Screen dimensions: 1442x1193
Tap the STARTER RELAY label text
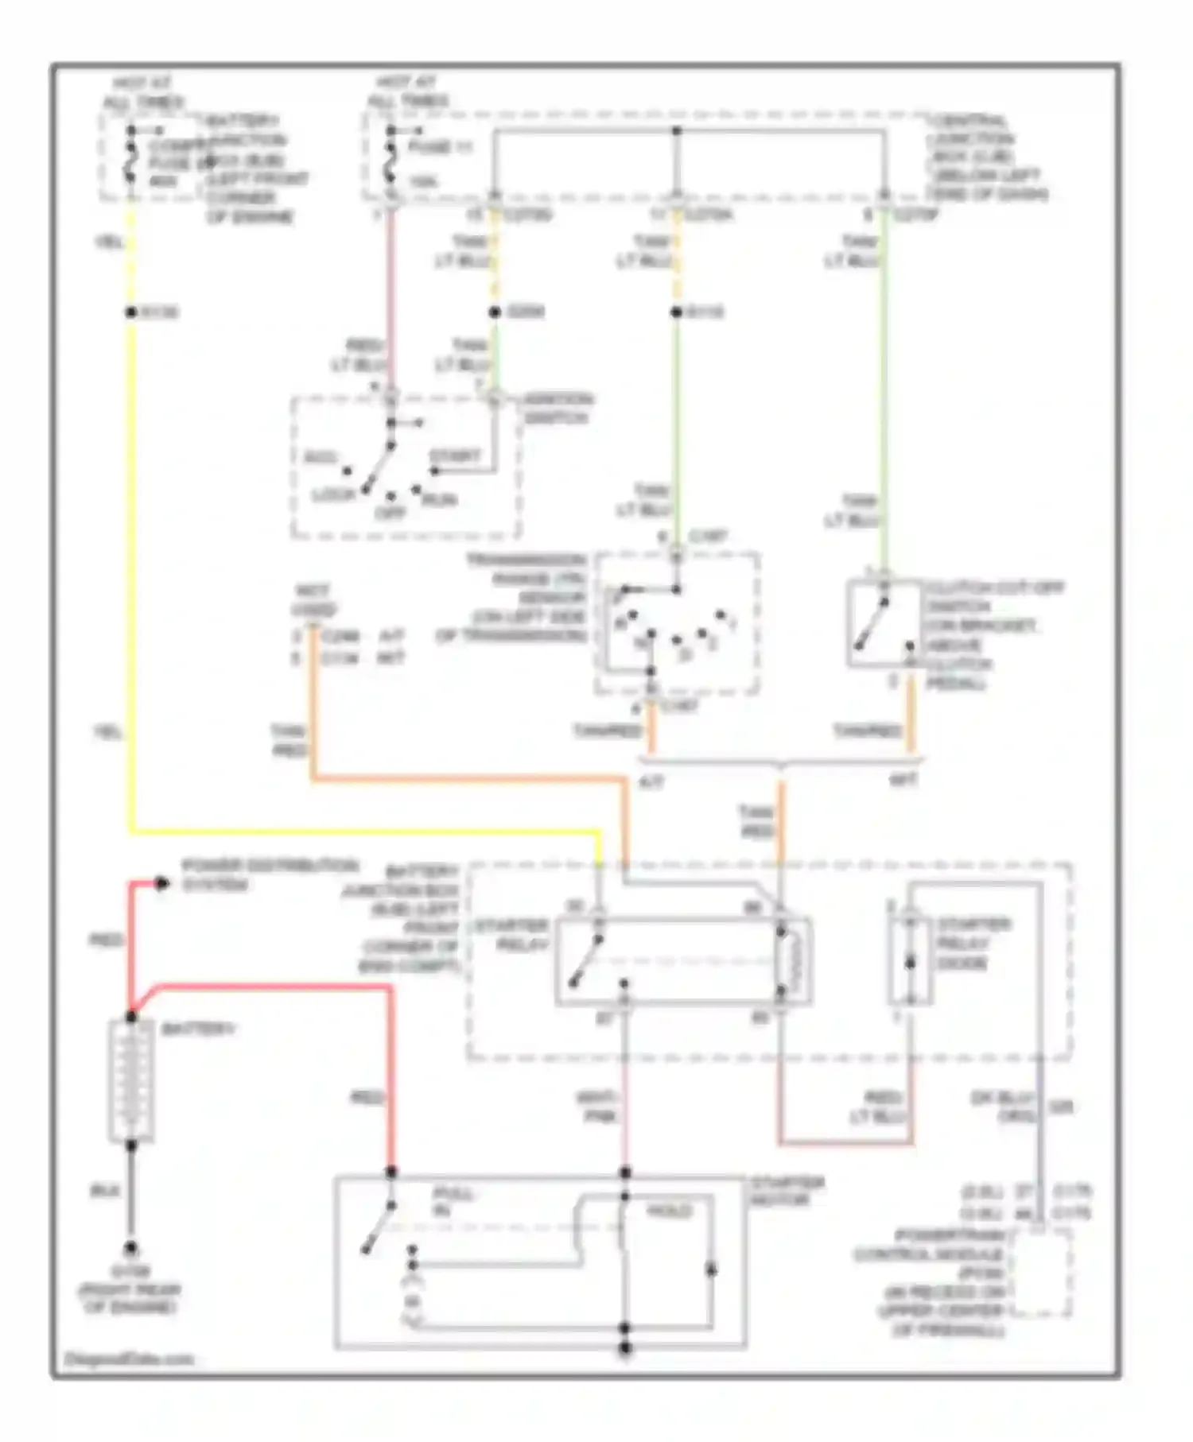point(511,935)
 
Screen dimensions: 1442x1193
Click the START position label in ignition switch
point(455,456)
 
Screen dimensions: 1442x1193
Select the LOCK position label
point(333,494)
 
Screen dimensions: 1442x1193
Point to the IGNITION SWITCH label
point(557,408)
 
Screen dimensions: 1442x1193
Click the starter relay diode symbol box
point(911,962)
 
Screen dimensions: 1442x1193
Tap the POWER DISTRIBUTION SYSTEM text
point(270,874)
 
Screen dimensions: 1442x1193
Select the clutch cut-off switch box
point(883,623)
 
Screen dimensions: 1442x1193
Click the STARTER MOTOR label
point(788,1191)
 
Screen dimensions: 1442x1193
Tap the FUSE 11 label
point(440,148)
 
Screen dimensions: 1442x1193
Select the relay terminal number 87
point(605,1018)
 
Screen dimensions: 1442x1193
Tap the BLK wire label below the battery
point(106,1191)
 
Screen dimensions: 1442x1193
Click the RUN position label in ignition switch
point(439,499)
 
